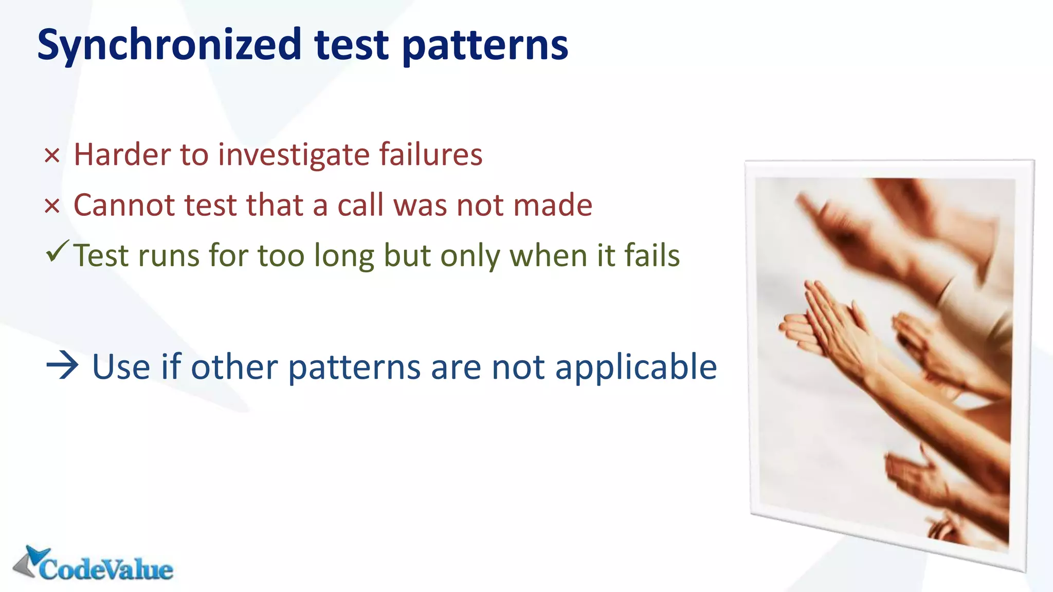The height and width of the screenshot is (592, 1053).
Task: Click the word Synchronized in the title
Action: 169,45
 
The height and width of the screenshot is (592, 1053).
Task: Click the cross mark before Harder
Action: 52,156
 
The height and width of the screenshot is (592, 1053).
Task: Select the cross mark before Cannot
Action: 52,207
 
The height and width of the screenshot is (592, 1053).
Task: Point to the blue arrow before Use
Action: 62,366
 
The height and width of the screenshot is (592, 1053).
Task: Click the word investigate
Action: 294,155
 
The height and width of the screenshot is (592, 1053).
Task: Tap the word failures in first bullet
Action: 431,155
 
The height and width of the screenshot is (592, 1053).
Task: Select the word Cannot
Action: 124,205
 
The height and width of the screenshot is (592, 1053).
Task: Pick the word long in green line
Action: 343,256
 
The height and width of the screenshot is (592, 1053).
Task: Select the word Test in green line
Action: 100,256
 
